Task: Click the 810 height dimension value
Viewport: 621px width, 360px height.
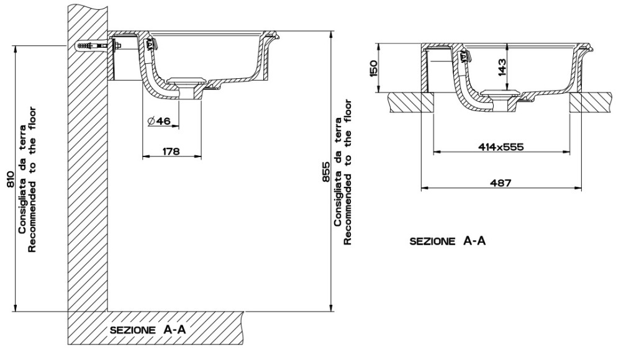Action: tap(11, 179)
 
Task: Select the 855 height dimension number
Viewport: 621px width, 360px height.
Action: tap(325, 172)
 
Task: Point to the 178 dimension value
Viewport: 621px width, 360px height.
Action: tap(171, 151)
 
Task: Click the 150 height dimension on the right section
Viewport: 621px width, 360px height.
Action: tap(373, 68)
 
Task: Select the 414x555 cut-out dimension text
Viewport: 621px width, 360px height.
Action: tap(501, 147)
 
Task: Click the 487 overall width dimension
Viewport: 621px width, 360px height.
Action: tap(501, 182)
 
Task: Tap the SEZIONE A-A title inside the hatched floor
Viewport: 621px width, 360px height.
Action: tap(148, 330)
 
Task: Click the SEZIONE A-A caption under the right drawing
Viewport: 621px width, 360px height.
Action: tap(448, 241)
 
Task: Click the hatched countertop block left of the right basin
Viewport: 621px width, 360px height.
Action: tap(411, 102)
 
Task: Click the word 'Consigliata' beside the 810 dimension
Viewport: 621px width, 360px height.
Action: tap(22, 210)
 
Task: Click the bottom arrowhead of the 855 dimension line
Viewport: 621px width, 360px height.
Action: tap(330, 308)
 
